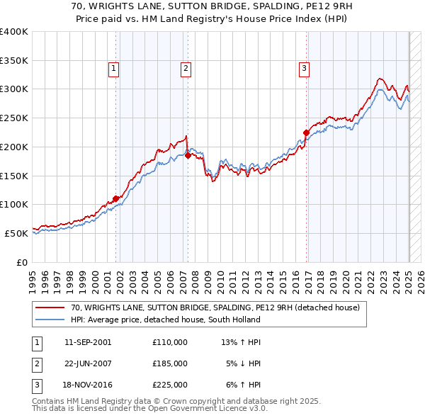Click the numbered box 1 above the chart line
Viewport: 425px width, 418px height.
click(114, 69)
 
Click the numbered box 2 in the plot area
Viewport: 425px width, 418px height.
click(185, 69)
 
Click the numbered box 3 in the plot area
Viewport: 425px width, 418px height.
click(304, 69)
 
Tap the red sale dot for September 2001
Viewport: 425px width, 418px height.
click(116, 198)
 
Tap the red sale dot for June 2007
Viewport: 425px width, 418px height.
click(188, 155)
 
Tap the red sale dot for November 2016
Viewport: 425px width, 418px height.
click(306, 132)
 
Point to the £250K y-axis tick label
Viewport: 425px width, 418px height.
click(14, 118)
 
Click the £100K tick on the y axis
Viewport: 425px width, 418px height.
click(14, 204)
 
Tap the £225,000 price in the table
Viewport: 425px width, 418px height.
click(170, 385)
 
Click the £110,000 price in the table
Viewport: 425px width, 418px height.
click(170, 342)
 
